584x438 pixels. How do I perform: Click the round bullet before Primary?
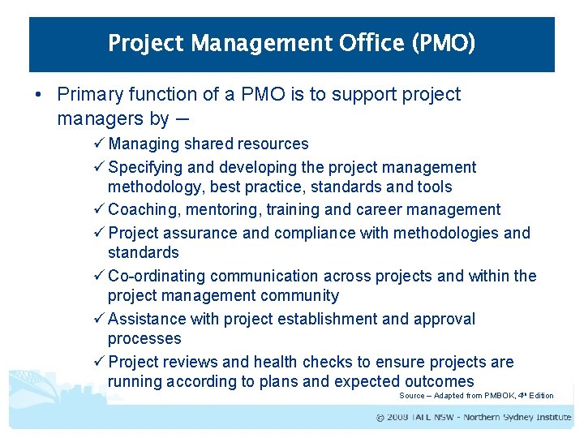[x=38, y=95]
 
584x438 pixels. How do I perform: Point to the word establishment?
[x=324, y=319]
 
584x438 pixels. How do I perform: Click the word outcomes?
[x=438, y=381]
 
